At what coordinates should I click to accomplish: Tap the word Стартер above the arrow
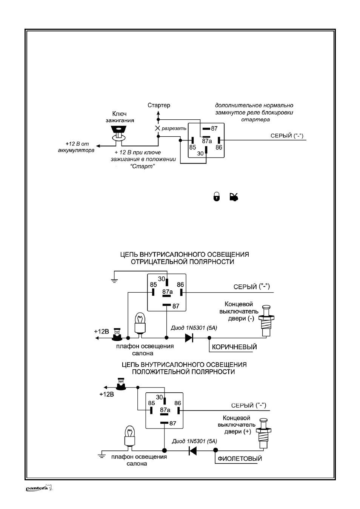[x=159, y=105]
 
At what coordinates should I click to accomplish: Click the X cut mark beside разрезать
[x=157, y=128]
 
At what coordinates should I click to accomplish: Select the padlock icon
[x=217, y=197]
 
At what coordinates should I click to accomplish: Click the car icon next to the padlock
[x=234, y=197]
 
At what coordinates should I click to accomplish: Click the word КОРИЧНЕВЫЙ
[x=234, y=347]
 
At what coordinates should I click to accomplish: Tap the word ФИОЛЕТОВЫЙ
[x=240, y=458]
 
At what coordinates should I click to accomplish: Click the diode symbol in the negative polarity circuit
[x=189, y=338]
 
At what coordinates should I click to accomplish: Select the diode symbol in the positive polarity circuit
[x=192, y=450]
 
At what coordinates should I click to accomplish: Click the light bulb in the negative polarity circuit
[x=140, y=323]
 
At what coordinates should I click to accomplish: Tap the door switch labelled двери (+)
[x=263, y=433]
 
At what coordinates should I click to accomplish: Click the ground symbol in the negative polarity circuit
[x=114, y=281]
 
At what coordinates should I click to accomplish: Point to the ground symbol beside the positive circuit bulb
[x=102, y=455]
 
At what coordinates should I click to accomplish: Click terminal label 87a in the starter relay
[x=207, y=141]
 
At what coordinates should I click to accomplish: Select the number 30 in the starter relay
[x=200, y=154]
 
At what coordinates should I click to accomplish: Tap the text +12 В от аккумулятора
[x=76, y=147]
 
